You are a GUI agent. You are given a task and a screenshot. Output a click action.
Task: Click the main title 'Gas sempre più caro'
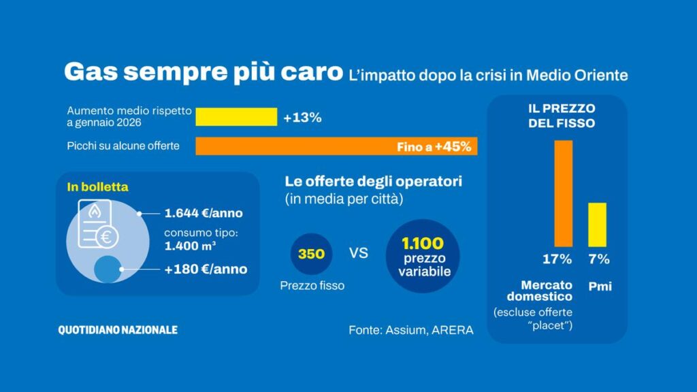click(x=203, y=73)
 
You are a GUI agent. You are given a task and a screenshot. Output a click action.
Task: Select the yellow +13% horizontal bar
click(x=236, y=117)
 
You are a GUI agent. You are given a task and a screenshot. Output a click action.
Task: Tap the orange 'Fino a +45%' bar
click(x=336, y=146)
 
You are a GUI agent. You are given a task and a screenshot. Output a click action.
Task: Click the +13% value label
click(x=302, y=118)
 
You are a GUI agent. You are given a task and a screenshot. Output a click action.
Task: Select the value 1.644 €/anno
click(x=204, y=214)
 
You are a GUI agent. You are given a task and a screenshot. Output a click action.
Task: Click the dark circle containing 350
click(x=312, y=254)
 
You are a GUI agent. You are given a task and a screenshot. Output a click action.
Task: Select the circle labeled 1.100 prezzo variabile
click(x=423, y=255)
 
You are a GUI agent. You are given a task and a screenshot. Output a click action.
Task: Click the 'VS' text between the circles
click(x=359, y=254)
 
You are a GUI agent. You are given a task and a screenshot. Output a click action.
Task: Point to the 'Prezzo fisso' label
click(x=312, y=286)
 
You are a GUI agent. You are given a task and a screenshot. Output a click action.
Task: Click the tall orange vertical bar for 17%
click(x=563, y=193)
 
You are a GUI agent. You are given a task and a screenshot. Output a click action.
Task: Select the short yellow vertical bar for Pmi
click(x=597, y=225)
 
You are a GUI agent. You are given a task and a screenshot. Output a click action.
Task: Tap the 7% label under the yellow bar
click(x=599, y=259)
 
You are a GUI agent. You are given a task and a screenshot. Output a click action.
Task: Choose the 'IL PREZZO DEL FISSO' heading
click(x=562, y=116)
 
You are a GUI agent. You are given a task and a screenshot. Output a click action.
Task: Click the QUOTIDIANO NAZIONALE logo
click(x=118, y=330)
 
